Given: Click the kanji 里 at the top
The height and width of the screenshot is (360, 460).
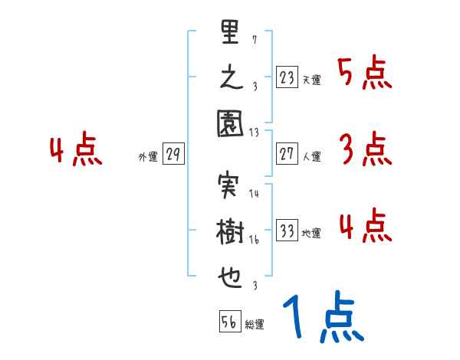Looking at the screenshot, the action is point(230,34).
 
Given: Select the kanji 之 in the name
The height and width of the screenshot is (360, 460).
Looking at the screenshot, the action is point(230,78).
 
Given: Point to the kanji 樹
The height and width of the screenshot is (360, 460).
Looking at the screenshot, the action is point(230,233).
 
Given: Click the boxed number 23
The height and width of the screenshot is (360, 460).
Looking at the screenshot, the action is point(287,78).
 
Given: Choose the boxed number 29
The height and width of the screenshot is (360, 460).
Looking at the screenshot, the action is point(173,155).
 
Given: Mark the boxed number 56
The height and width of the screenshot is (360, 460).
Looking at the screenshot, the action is point(229,322).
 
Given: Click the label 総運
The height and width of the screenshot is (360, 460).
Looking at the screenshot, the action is point(255,325).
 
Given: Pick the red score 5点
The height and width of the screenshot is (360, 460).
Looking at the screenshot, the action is point(364,74).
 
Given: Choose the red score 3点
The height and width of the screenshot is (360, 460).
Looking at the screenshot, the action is point(364,149).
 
